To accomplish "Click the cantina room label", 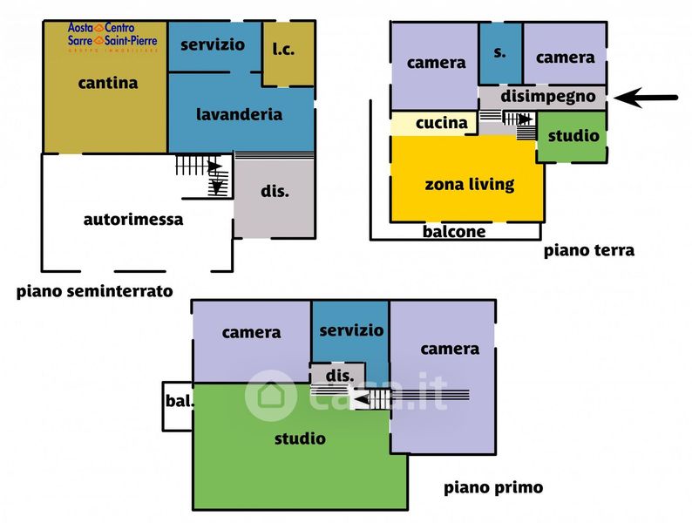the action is [x=108, y=83].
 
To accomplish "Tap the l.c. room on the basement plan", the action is [x=288, y=53].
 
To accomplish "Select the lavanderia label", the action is [x=239, y=115].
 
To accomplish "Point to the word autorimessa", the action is [x=133, y=220].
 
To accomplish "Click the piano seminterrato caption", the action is [x=94, y=291].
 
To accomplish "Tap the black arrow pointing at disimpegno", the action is [x=646, y=97].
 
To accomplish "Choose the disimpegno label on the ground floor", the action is [x=547, y=97].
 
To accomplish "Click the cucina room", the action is [x=434, y=123].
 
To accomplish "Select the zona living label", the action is [x=470, y=184].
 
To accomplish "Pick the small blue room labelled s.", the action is [x=500, y=53].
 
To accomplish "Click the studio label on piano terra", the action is [x=573, y=135].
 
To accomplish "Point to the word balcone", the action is [x=454, y=232].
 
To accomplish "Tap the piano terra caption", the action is [x=589, y=251].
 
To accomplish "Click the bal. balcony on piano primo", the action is [x=178, y=406].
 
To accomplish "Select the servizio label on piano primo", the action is [x=351, y=330].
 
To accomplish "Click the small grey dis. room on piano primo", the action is [x=338, y=374].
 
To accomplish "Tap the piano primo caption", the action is [x=493, y=487].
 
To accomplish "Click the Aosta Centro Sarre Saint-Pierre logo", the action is [x=112, y=37].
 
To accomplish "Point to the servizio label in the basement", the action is [x=213, y=44].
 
